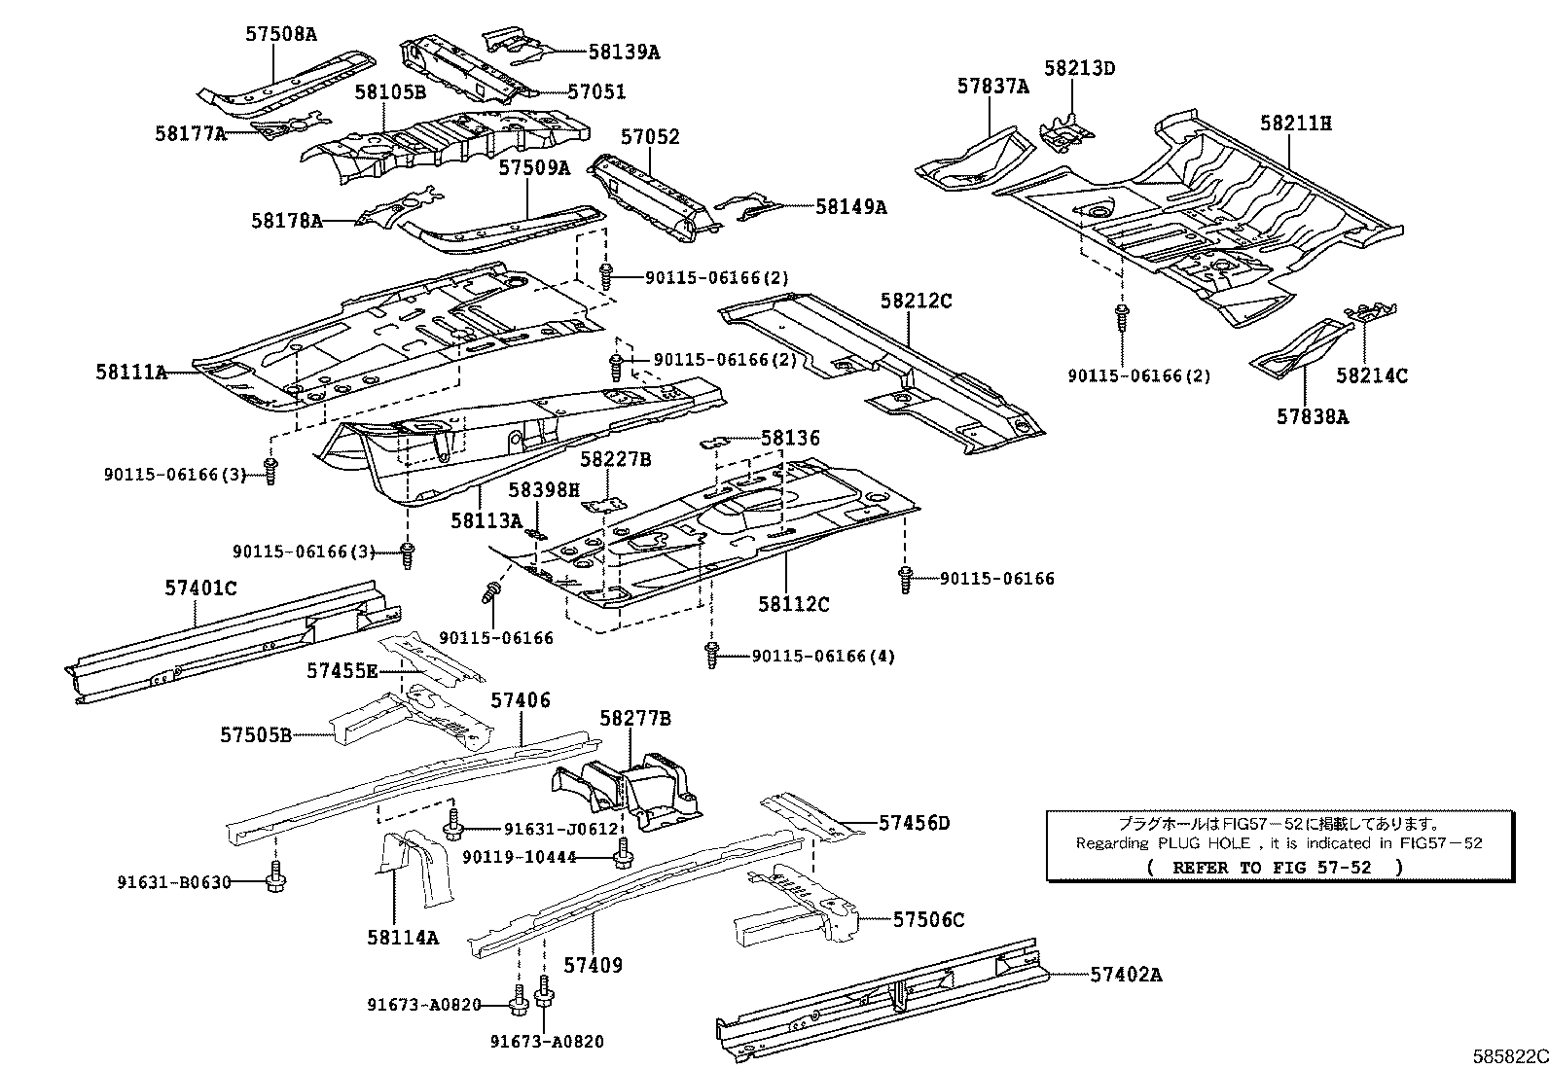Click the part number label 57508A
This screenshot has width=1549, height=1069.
tap(280, 34)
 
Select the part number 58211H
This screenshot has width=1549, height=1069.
tap(1296, 124)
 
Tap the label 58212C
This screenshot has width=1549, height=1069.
tap(917, 301)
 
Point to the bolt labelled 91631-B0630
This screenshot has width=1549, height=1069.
tap(276, 879)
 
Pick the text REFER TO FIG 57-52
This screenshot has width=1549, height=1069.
tap(1275, 867)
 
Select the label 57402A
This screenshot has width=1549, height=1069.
tap(1126, 974)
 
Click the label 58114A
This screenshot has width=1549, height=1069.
tap(403, 938)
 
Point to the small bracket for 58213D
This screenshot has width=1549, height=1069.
tap(1066, 131)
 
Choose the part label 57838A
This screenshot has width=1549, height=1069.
tap(1313, 416)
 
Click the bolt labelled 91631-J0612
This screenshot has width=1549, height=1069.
tap(452, 828)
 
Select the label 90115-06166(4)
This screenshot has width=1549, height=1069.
tap(823, 656)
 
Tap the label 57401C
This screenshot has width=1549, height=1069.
tap(200, 588)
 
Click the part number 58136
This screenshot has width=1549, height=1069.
tap(790, 439)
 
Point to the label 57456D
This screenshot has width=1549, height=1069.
tap(914, 823)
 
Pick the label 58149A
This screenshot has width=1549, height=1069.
tap(850, 206)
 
